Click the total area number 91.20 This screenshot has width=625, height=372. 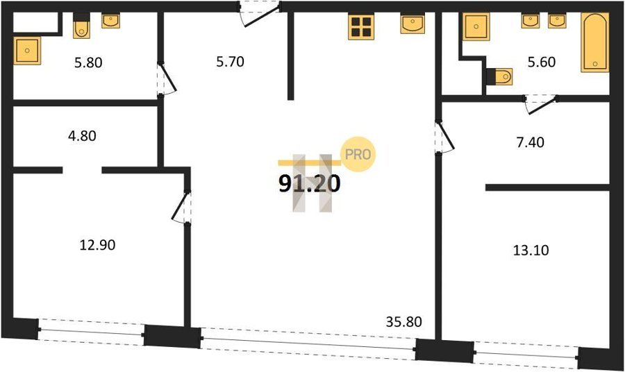click(310, 184)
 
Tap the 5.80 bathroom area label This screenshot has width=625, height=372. click(88, 62)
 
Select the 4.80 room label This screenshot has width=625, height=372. click(82, 136)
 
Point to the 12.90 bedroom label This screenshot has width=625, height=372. click(98, 245)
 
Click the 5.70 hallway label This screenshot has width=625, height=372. click(230, 62)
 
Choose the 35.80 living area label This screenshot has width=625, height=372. click(403, 321)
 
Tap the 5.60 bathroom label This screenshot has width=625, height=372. click(542, 62)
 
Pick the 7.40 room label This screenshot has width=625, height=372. click(530, 142)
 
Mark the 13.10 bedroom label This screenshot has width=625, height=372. click(531, 250)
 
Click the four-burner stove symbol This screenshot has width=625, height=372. click(361, 26)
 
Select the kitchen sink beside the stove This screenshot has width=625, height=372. click(412, 24)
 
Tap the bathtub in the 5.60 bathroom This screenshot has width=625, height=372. click(594, 42)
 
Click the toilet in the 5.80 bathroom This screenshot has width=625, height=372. click(81, 26)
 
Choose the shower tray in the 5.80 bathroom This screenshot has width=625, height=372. click(27, 51)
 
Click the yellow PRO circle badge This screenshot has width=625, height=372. click(358, 154)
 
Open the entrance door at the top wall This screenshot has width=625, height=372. click(259, 14)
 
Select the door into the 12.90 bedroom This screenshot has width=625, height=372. click(182, 208)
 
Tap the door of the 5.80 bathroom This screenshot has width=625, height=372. click(167, 79)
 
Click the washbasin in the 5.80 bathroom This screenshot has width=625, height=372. click(110, 21)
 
